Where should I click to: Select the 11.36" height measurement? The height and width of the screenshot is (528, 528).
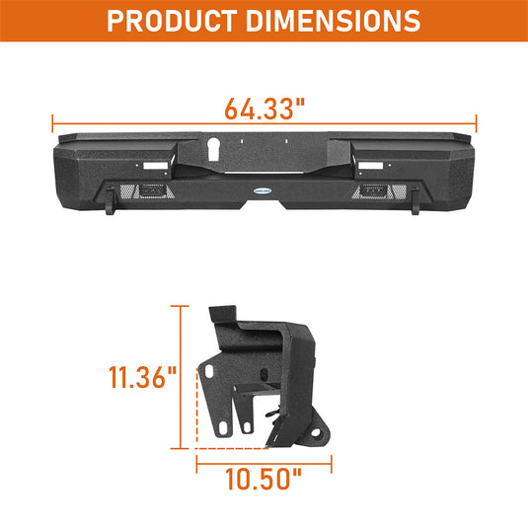[143, 378]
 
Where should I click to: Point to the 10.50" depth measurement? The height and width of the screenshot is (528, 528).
[262, 481]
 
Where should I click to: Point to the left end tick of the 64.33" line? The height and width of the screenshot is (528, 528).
[52, 123]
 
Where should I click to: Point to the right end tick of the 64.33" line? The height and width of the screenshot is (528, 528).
[477, 123]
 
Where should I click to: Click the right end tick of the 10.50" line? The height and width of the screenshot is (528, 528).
[332, 460]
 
